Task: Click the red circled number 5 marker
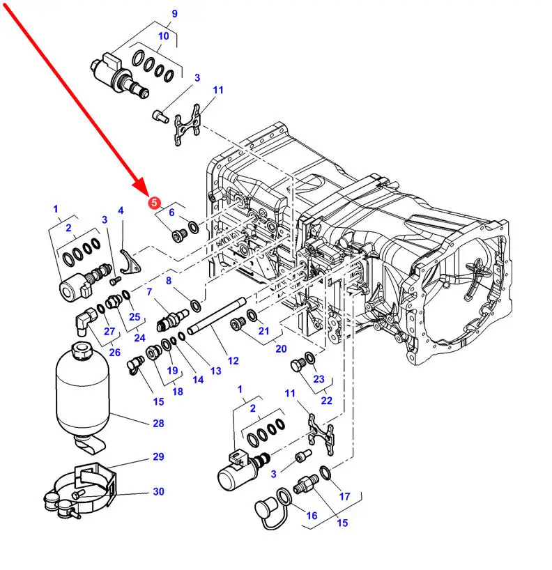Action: [x=154, y=203]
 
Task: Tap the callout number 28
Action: [x=158, y=423]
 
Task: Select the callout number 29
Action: [x=158, y=456]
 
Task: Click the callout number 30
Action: [x=158, y=491]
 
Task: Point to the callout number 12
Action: [x=233, y=361]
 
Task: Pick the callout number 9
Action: [x=174, y=14]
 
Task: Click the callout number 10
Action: [x=164, y=36]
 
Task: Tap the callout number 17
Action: [x=344, y=496]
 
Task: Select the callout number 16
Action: [x=312, y=516]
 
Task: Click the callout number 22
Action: [x=327, y=401]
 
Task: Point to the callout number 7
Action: [x=149, y=292]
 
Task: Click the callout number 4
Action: [x=121, y=210]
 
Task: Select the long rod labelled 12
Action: [x=216, y=316]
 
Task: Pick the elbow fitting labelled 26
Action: [x=86, y=321]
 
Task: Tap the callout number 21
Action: [x=263, y=331]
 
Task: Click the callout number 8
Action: [x=169, y=281]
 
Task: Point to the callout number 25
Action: [x=135, y=317]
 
